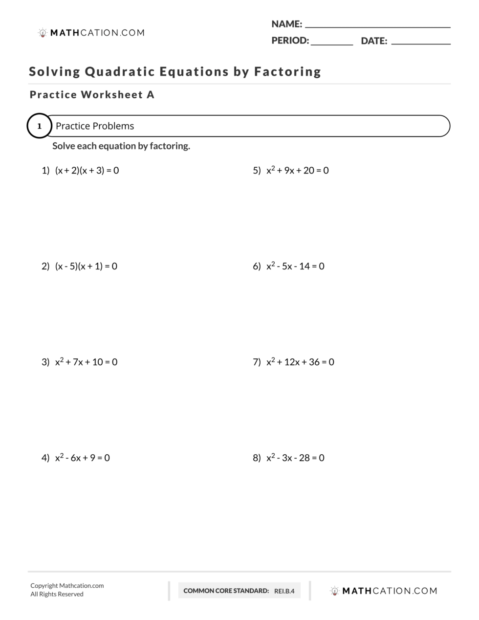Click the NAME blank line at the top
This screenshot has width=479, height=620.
[377, 26]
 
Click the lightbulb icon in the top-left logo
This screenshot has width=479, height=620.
[43, 33]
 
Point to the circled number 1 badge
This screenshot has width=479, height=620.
[39, 126]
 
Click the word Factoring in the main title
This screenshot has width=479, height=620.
[287, 72]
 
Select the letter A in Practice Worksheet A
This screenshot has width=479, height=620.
[151, 95]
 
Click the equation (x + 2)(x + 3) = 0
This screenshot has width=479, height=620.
[87, 171]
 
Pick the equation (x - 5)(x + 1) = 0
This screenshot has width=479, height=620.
[86, 266]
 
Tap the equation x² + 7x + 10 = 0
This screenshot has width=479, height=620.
[86, 362]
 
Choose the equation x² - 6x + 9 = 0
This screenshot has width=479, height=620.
[82, 458]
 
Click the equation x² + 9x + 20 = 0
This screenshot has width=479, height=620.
[297, 170]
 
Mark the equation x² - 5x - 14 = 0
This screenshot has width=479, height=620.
[295, 266]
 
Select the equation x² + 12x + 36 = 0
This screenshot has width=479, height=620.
[300, 362]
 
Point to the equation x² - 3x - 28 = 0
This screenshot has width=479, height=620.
[295, 458]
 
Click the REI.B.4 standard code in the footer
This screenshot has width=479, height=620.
[284, 591]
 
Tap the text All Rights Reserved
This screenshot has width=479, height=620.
[57, 594]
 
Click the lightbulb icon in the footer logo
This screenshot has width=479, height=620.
[334, 591]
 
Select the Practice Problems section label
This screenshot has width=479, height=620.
[95, 126]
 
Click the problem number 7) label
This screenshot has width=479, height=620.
[257, 362]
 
